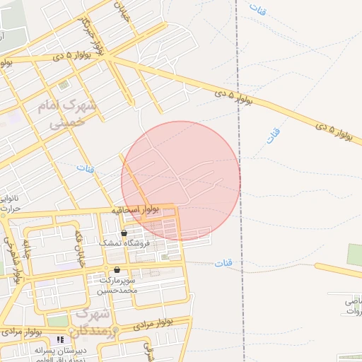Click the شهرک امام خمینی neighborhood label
[71, 114]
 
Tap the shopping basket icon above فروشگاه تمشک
[124, 233]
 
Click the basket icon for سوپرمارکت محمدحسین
[116, 270]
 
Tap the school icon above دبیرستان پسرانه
[59, 340]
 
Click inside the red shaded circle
[181, 180]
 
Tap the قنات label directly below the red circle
[223, 263]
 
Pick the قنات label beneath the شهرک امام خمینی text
[85, 169]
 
